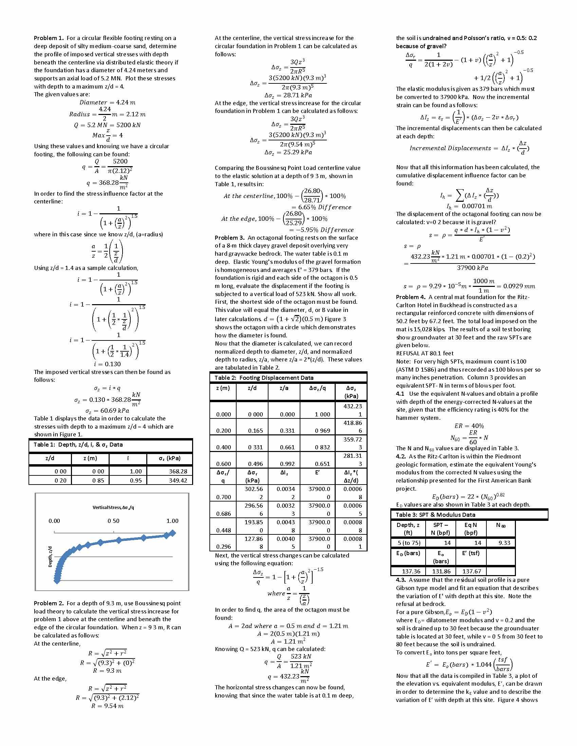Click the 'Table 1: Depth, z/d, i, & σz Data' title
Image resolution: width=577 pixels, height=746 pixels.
[x=78, y=445]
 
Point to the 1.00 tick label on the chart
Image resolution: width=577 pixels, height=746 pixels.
[x=172, y=521]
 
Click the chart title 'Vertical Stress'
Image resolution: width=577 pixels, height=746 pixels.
[x=113, y=508]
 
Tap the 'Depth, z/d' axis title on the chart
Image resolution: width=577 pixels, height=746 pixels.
[x=50, y=557]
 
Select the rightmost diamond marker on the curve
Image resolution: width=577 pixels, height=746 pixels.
[x=173, y=533]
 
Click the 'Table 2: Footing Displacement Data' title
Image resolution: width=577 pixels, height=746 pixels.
[x=264, y=378]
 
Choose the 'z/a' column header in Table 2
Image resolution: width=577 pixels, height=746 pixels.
[x=284, y=388]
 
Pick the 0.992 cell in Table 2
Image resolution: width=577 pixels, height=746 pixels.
[x=287, y=464]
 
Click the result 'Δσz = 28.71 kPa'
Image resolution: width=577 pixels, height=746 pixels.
[x=288, y=95]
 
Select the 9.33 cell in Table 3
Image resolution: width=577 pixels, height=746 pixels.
[x=504, y=543]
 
